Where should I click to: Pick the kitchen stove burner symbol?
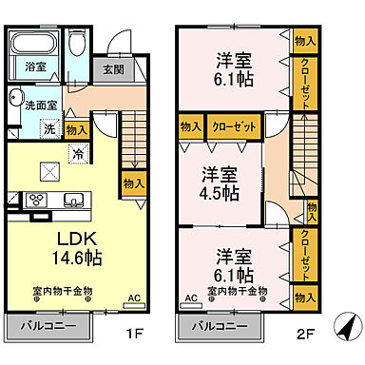39,200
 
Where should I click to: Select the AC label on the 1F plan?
134,298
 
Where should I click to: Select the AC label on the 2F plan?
191,298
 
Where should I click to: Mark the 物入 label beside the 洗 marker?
78,129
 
